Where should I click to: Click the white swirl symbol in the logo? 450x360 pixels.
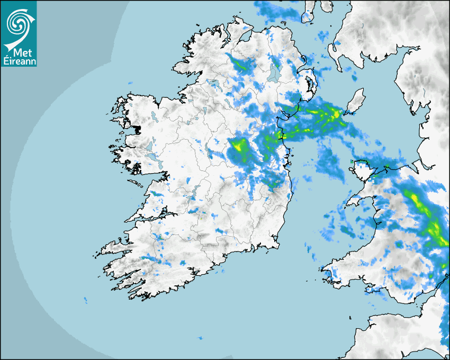click(18, 22)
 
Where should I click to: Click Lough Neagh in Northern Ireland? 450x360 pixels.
click(274, 74)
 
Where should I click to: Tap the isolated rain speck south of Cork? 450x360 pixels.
click(200, 337)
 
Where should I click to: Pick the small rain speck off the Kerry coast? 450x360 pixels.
click(85, 300)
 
